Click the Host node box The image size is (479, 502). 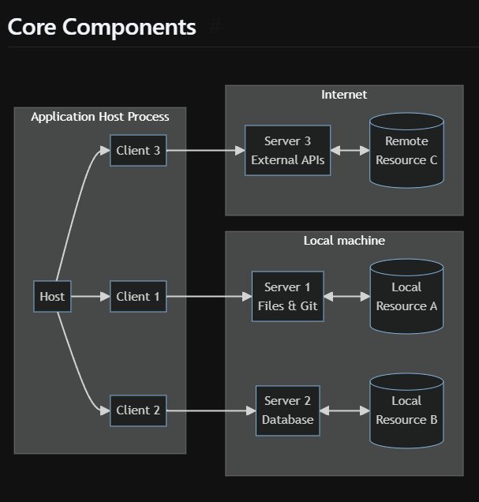tap(52, 297)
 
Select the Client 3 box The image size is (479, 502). tap(138, 150)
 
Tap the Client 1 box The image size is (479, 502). tap(138, 297)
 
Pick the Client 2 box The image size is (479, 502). tap(138, 410)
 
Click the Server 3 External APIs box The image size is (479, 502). tap(287, 150)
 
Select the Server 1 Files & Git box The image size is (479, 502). tap(287, 297)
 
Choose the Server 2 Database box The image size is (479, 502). tap(287, 410)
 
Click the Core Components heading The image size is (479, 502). tap(102, 27)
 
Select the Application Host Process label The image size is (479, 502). tap(100, 117)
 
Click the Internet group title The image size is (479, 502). tap(344, 95)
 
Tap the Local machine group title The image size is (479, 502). tap(344, 240)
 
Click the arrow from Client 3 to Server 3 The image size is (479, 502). tap(205, 150)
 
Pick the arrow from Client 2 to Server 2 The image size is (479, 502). tap(211, 410)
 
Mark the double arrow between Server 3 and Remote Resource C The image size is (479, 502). tap(350, 150)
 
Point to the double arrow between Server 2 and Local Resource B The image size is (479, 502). tap(345, 410)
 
